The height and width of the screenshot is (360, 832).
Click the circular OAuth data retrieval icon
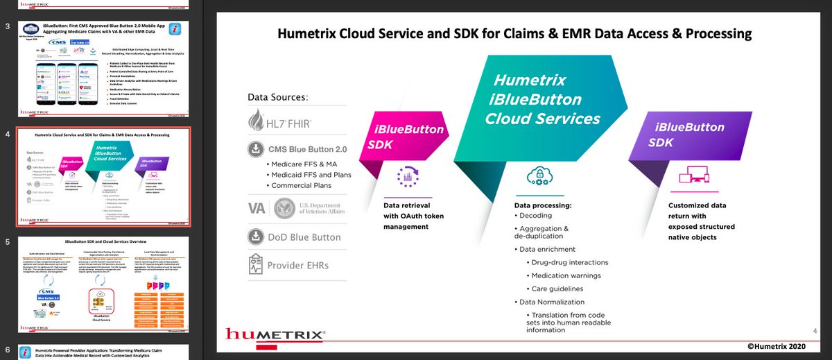tap(414, 180)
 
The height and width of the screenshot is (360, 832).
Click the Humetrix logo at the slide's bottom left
tap(275, 336)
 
